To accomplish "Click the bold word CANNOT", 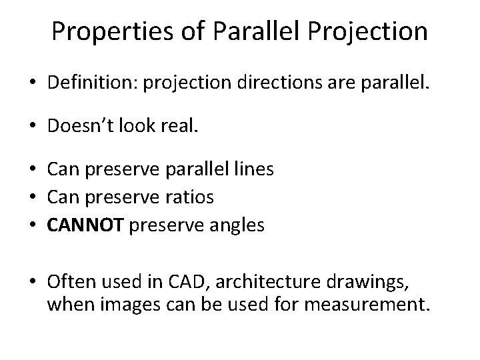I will pos(85,226).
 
